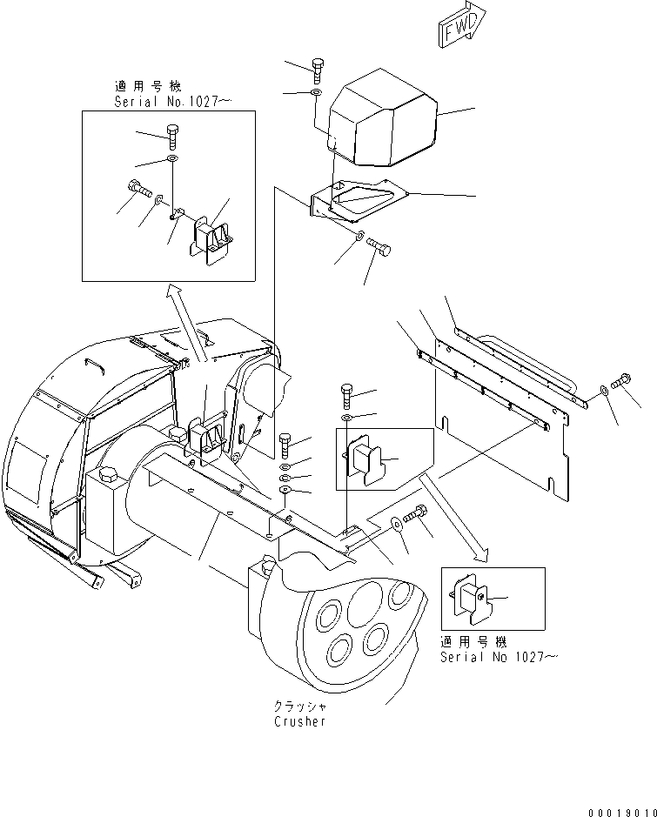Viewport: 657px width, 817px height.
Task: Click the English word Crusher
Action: coord(299,722)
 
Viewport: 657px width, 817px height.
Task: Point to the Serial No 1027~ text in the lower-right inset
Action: coord(497,657)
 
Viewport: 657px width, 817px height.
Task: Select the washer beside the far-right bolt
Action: coord(605,394)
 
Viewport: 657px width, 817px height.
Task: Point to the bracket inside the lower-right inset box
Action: coord(472,599)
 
